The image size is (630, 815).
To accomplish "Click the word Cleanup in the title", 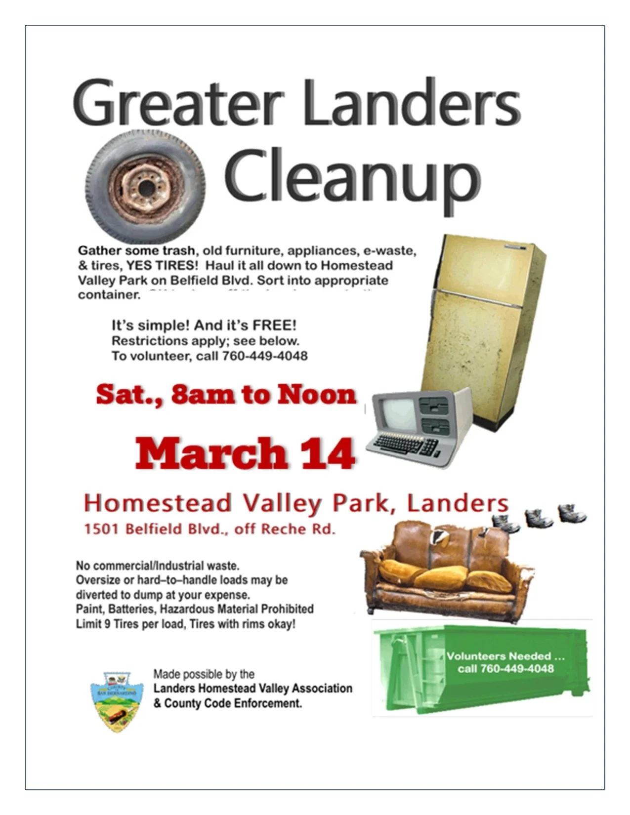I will pos(352,178).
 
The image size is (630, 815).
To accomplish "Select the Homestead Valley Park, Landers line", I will pos(296,503).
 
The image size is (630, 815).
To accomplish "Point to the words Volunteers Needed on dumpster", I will pos(499,656).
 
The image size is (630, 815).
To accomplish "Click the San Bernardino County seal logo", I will pos(117,701).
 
